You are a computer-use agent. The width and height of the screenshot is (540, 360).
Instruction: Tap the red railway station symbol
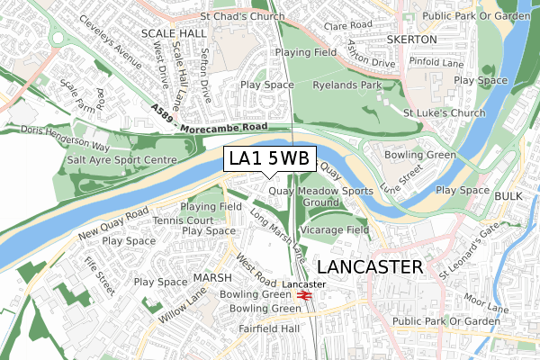pos(305,293)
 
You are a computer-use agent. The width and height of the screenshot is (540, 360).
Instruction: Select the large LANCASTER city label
pos(370,266)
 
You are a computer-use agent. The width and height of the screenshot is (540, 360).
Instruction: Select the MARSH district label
pos(212,277)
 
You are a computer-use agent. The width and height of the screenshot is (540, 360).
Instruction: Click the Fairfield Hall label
pos(269,328)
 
